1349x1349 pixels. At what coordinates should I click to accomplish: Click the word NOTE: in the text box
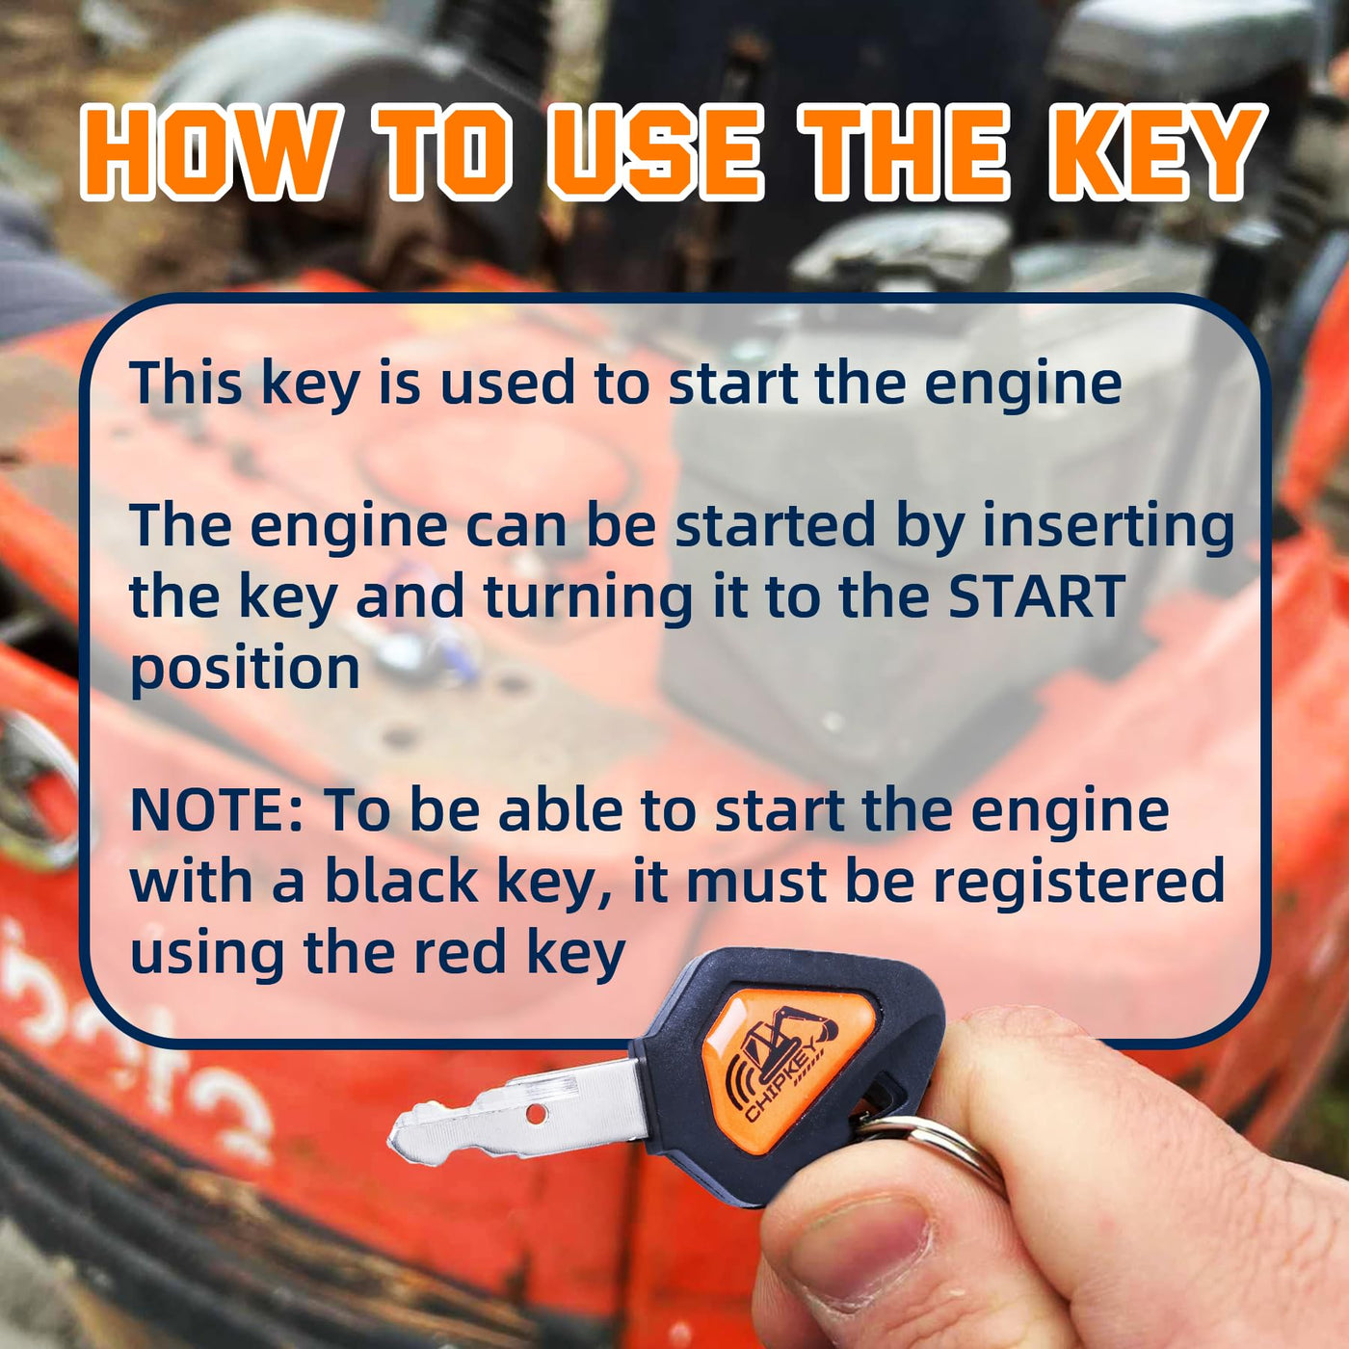click(x=217, y=810)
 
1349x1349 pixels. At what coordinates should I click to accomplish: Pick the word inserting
click(x=1108, y=526)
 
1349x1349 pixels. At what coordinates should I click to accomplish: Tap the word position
click(x=245, y=670)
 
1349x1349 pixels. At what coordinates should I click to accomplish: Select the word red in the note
click(x=460, y=952)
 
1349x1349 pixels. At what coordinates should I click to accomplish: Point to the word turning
click(x=588, y=598)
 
